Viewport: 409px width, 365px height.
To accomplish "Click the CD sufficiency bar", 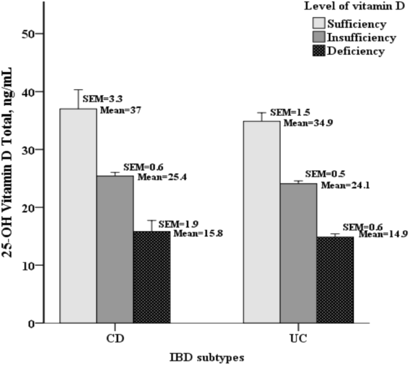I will coord(78,216).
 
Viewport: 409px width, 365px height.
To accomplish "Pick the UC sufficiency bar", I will coord(262,222).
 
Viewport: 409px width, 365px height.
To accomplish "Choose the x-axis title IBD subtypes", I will coord(206,357).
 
